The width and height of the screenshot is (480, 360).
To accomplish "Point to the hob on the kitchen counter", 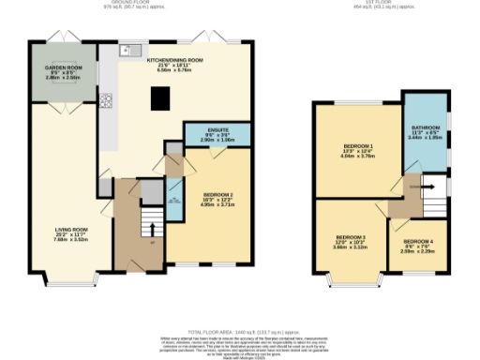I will coord(108,100).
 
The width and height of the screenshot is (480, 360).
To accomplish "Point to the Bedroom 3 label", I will coord(352,240).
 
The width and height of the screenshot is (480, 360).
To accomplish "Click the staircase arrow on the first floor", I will coord(429,186).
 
